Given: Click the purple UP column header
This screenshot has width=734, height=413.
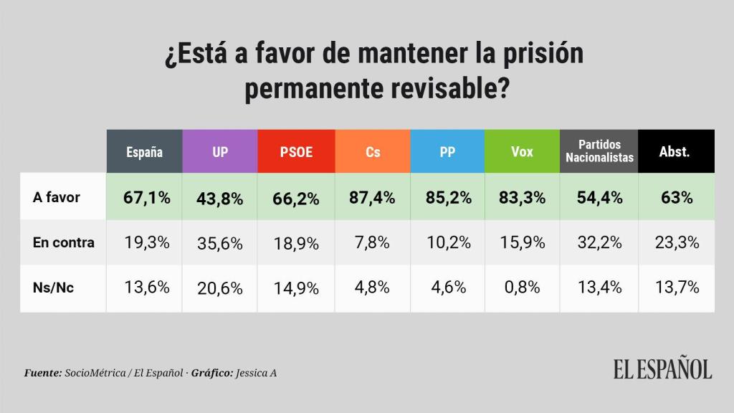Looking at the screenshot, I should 220,151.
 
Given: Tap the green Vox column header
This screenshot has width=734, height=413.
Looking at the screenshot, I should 521,151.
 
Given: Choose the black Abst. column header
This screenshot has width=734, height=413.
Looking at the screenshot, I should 674,151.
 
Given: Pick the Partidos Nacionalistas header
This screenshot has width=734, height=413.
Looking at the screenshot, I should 599,151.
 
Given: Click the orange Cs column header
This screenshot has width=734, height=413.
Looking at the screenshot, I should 373,151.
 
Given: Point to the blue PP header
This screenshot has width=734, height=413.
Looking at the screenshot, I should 447,151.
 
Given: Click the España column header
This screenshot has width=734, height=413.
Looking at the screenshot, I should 144,151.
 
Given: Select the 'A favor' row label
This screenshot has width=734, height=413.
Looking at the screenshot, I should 57,197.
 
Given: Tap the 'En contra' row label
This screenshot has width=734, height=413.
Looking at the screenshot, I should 64,242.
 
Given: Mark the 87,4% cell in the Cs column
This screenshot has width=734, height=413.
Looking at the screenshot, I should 373,198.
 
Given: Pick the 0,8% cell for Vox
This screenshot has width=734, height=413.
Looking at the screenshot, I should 521,288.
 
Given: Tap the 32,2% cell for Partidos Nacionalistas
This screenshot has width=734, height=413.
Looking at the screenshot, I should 599,243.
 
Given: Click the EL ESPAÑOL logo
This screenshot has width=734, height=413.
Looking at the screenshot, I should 662,369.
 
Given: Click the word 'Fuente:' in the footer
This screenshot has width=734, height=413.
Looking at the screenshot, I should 43,373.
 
